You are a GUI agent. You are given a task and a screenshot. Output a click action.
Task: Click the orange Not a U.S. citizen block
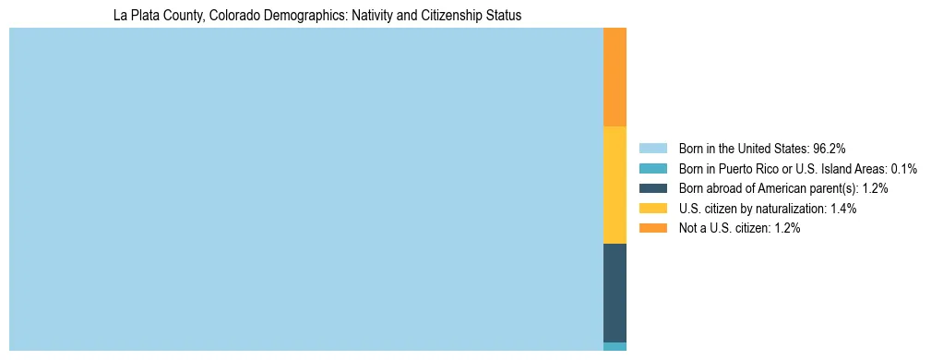(615, 77)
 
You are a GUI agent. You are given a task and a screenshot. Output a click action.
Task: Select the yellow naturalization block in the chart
(615, 185)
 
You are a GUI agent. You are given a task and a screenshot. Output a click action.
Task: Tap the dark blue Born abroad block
(615, 293)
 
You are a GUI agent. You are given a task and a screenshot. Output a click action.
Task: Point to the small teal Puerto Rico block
(615, 346)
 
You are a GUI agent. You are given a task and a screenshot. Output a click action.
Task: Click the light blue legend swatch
(652, 148)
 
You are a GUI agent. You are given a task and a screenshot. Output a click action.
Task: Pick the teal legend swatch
(652, 168)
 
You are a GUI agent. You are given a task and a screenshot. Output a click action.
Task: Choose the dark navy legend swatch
(652, 188)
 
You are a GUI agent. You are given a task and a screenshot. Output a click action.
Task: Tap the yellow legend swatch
(652, 209)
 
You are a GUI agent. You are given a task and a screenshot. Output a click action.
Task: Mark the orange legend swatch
(652, 228)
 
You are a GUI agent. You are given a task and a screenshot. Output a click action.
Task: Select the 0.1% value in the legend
(903, 168)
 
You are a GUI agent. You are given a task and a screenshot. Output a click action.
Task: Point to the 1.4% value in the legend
(841, 209)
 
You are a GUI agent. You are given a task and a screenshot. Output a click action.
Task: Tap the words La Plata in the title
(133, 16)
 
